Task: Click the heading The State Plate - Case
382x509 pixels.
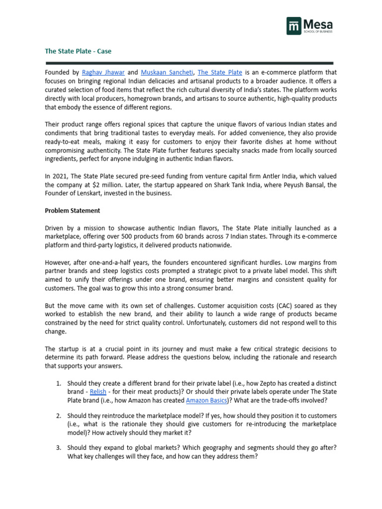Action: (x=78, y=51)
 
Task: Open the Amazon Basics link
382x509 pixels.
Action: (x=206, y=400)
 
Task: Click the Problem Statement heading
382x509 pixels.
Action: (x=73, y=210)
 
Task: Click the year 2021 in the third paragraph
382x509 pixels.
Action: (x=60, y=176)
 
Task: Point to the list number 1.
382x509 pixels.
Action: (x=58, y=383)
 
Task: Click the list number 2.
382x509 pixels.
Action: (x=58, y=416)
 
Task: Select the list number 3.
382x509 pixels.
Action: (x=58, y=447)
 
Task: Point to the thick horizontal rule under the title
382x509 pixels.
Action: (x=189, y=63)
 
